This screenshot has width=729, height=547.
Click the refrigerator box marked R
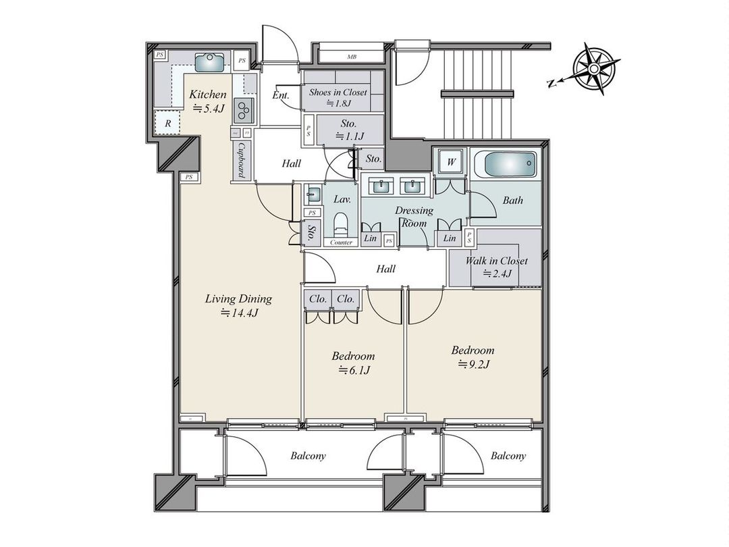167,124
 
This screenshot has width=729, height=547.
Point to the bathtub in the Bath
504,165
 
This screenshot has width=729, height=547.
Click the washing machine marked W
449,162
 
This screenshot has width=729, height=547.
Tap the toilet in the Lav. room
341,222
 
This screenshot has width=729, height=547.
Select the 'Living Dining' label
238,298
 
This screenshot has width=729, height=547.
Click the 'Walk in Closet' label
496,261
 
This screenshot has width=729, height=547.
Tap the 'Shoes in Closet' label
338,92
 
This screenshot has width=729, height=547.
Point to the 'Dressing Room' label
414,216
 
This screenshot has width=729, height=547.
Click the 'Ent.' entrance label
281,96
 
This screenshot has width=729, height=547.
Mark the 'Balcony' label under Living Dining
308,456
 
